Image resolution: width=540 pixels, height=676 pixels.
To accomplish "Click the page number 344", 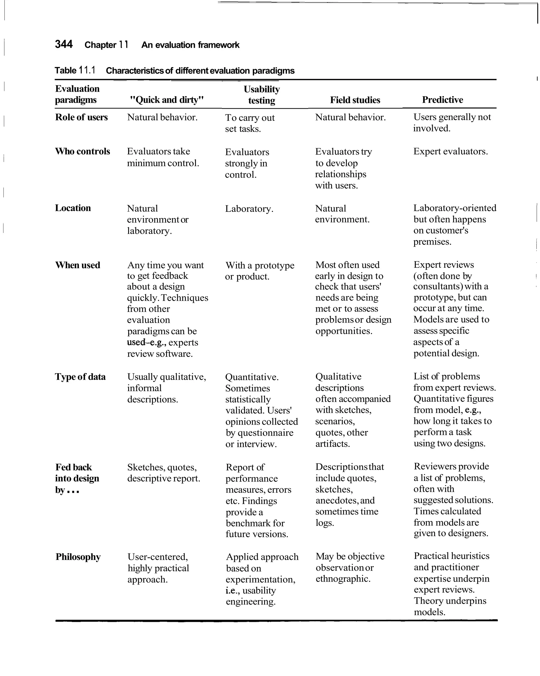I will pyautogui.click(x=64, y=44).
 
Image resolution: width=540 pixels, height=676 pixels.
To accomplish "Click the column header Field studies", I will pyautogui.click(x=355, y=100).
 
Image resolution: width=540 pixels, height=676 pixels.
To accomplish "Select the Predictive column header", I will pyautogui.click(x=442, y=100).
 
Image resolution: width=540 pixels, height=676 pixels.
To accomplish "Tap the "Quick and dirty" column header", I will pyautogui.click(x=167, y=100).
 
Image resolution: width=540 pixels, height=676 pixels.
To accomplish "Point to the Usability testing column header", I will pyautogui.click(x=262, y=95).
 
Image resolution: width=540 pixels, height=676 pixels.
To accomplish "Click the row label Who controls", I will pyautogui.click(x=83, y=152).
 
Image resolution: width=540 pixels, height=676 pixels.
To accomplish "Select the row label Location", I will pyautogui.click(x=73, y=208).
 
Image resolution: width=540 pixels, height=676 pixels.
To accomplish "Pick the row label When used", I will pyautogui.click(x=78, y=265).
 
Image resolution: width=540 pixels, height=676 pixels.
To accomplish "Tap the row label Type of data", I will pyautogui.click(x=80, y=377).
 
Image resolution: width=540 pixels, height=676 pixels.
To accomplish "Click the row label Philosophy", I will pyautogui.click(x=78, y=557).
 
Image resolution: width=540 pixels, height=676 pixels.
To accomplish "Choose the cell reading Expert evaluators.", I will pyautogui.click(x=450, y=152).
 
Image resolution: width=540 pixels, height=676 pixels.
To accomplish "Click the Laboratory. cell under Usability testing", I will pyautogui.click(x=249, y=209).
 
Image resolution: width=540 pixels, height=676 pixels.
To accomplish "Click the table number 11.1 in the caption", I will pyautogui.click(x=87, y=70).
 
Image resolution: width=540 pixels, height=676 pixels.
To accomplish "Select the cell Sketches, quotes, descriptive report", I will pyautogui.click(x=163, y=473).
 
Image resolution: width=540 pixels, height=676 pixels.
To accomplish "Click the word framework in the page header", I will pyautogui.click(x=218, y=45).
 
